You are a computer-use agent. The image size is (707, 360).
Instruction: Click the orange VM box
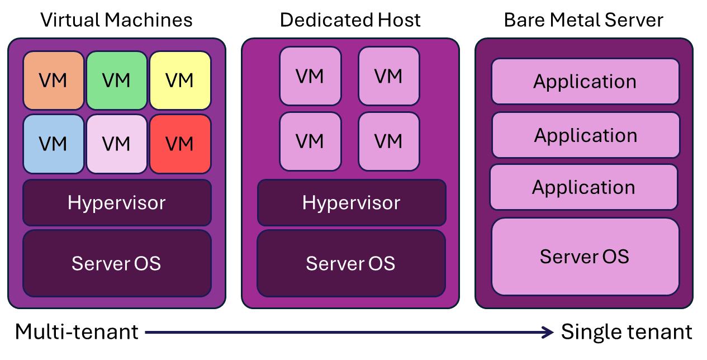pyautogui.click(x=54, y=80)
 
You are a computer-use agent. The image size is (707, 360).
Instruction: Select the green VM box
pyautogui.click(x=117, y=80)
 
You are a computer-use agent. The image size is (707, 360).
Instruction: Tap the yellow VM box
pyautogui.click(x=180, y=80)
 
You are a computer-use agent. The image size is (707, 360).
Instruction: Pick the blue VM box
pyautogui.click(x=54, y=144)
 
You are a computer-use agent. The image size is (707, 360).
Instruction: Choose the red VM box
pyautogui.click(x=180, y=144)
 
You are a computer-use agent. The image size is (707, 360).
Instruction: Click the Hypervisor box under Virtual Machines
pyautogui.click(x=117, y=202)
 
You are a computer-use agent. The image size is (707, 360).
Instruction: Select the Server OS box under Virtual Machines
pyautogui.click(x=117, y=263)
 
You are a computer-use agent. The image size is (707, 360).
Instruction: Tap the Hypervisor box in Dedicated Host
pyautogui.click(x=352, y=202)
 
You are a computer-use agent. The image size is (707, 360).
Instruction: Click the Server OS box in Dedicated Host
pyautogui.click(x=351, y=263)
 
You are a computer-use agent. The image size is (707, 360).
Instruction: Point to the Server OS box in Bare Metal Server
pyautogui.click(x=585, y=257)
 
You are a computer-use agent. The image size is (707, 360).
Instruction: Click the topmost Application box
pyautogui.click(x=585, y=82)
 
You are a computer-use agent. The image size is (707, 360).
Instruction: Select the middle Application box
pyautogui.click(x=586, y=135)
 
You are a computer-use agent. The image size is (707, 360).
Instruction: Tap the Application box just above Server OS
pyautogui.click(x=583, y=187)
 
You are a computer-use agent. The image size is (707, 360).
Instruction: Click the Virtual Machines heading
pyautogui.click(x=117, y=20)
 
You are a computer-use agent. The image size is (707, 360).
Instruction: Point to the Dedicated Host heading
pyautogui.click(x=350, y=20)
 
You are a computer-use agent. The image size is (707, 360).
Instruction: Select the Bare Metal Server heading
pyautogui.click(x=583, y=20)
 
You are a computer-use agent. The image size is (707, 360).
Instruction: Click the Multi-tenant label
pyautogui.click(x=77, y=332)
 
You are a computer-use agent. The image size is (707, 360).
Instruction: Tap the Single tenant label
pyautogui.click(x=627, y=332)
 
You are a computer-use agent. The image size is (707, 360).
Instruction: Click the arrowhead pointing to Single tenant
pyautogui.click(x=548, y=333)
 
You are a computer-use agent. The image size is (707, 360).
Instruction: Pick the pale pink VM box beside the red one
pyautogui.click(x=117, y=144)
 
